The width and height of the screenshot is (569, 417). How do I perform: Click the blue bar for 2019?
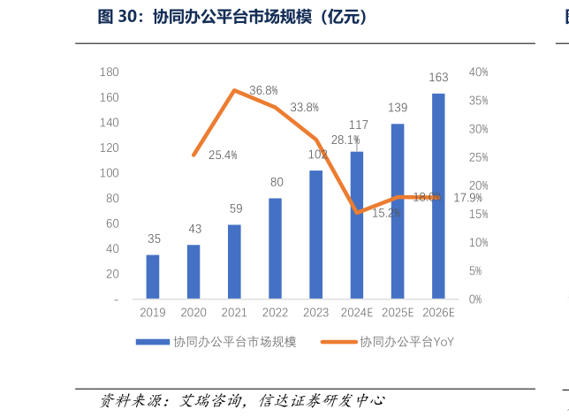153,277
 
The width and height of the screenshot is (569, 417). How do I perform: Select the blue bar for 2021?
234,262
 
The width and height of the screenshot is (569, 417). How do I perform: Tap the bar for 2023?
315,234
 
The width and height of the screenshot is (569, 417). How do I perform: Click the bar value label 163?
438,78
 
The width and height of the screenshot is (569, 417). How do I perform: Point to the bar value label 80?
277,182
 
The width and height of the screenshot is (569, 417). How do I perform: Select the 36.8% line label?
263,91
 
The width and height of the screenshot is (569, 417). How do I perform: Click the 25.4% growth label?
223,155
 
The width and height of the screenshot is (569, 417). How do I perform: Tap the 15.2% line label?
386,213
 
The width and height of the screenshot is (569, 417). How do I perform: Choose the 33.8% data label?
304,108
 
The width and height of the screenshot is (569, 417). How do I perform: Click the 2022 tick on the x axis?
275,313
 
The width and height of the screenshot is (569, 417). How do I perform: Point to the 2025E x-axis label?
398,313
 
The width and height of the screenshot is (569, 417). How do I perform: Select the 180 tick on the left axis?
110,72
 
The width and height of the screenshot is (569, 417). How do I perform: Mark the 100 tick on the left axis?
110,173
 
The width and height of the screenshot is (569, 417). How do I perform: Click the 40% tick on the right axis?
479,72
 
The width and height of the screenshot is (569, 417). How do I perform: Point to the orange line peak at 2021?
234,90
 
